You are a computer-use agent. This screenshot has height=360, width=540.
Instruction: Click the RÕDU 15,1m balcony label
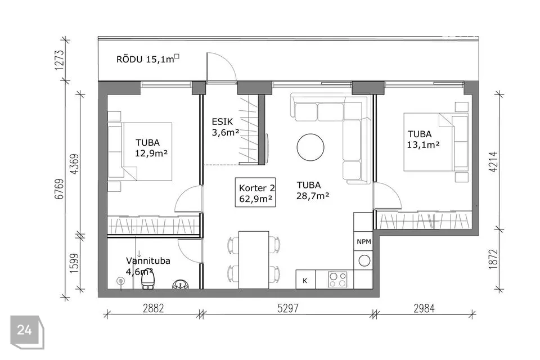148,59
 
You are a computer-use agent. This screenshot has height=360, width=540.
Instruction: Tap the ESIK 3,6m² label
225,127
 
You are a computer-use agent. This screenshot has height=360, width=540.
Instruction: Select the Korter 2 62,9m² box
255,192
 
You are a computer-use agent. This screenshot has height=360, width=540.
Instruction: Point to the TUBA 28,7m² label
313,190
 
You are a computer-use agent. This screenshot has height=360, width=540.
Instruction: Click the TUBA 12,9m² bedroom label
151,148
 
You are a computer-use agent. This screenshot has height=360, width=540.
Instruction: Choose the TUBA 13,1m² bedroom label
423,139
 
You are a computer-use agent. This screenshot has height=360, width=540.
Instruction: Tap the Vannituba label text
148,261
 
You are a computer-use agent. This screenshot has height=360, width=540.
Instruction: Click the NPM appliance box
364,241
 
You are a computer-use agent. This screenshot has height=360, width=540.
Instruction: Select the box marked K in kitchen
305,280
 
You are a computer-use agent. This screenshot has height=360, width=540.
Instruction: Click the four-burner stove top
337,280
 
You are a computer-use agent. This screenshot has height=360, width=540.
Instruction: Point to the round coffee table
310,147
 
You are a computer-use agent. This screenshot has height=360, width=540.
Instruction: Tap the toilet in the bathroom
148,279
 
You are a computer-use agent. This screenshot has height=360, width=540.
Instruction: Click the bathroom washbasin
181,284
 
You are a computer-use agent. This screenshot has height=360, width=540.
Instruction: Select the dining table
254,260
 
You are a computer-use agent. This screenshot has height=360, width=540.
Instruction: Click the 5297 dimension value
288,308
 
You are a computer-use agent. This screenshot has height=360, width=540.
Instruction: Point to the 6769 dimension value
59,189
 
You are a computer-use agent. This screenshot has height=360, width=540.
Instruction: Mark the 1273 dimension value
59,60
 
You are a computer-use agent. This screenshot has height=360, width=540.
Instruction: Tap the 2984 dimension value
424,308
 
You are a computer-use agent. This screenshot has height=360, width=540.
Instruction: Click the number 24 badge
25,330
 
